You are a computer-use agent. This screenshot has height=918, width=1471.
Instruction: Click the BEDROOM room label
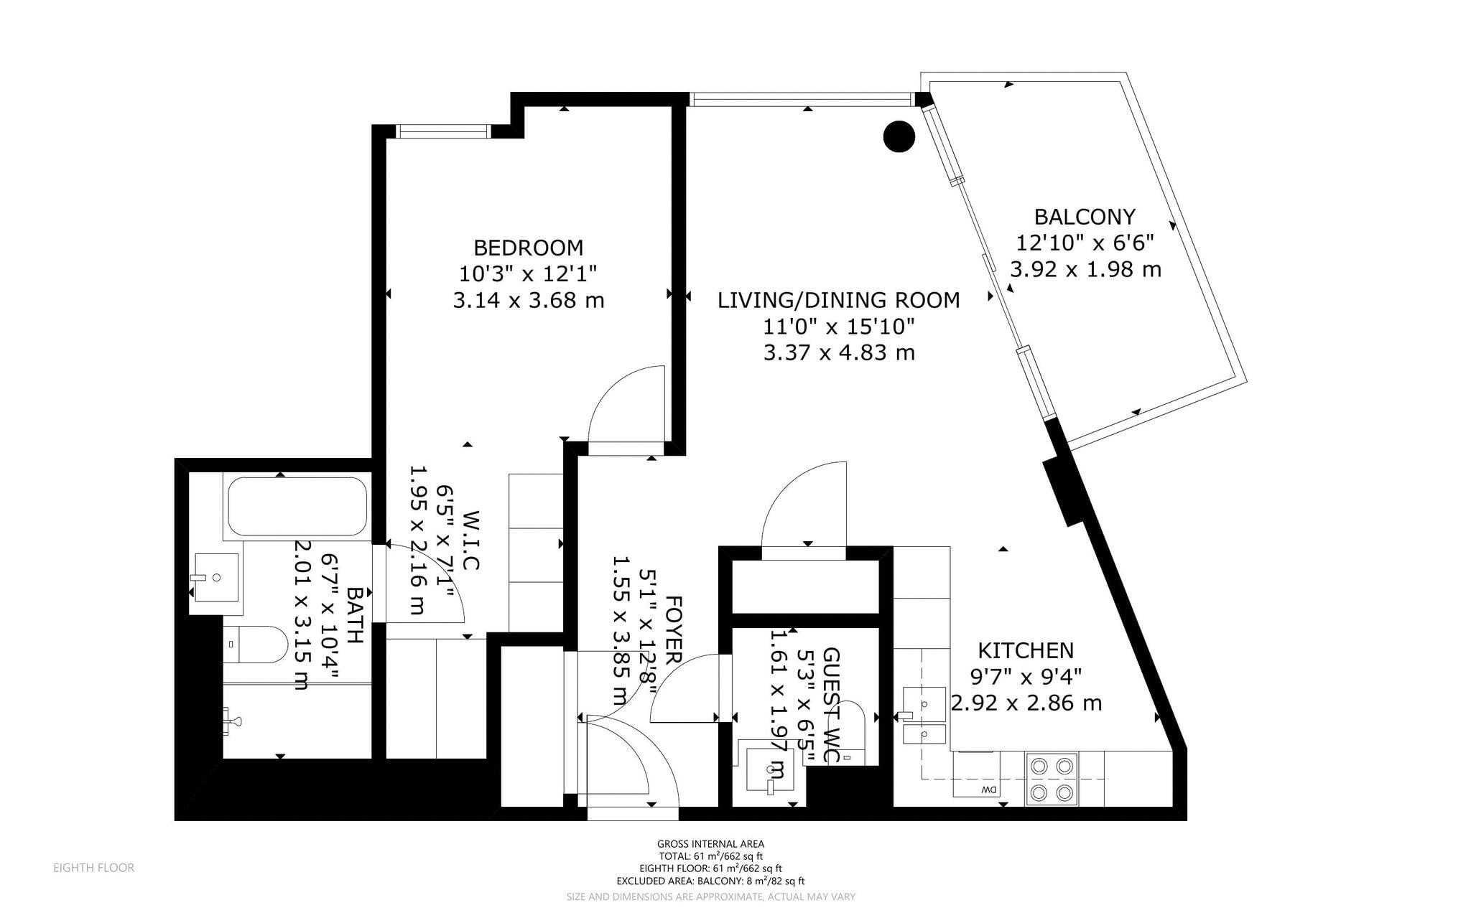[528, 248]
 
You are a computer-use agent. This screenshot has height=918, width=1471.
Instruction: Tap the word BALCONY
[1085, 217]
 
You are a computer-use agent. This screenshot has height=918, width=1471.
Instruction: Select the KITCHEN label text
[1026, 651]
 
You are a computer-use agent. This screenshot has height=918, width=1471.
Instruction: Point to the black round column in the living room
[899, 136]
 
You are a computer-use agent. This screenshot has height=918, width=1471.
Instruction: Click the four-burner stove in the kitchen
[1052, 779]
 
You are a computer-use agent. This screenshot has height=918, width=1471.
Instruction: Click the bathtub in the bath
[297, 506]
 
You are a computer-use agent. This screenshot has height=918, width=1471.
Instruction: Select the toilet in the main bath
[255, 645]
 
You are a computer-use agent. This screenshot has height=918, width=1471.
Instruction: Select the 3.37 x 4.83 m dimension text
[839, 353]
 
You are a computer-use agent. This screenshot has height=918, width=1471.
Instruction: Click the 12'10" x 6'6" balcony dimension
[1085, 243]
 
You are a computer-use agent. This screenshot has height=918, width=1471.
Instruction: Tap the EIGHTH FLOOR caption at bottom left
[94, 868]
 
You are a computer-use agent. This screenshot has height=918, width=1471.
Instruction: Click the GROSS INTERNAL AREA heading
[711, 844]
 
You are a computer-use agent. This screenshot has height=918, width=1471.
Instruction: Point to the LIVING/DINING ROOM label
[839, 300]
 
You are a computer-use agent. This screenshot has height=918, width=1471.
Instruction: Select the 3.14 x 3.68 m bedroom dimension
[529, 300]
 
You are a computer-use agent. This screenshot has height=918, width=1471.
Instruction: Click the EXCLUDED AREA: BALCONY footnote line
[711, 881]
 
